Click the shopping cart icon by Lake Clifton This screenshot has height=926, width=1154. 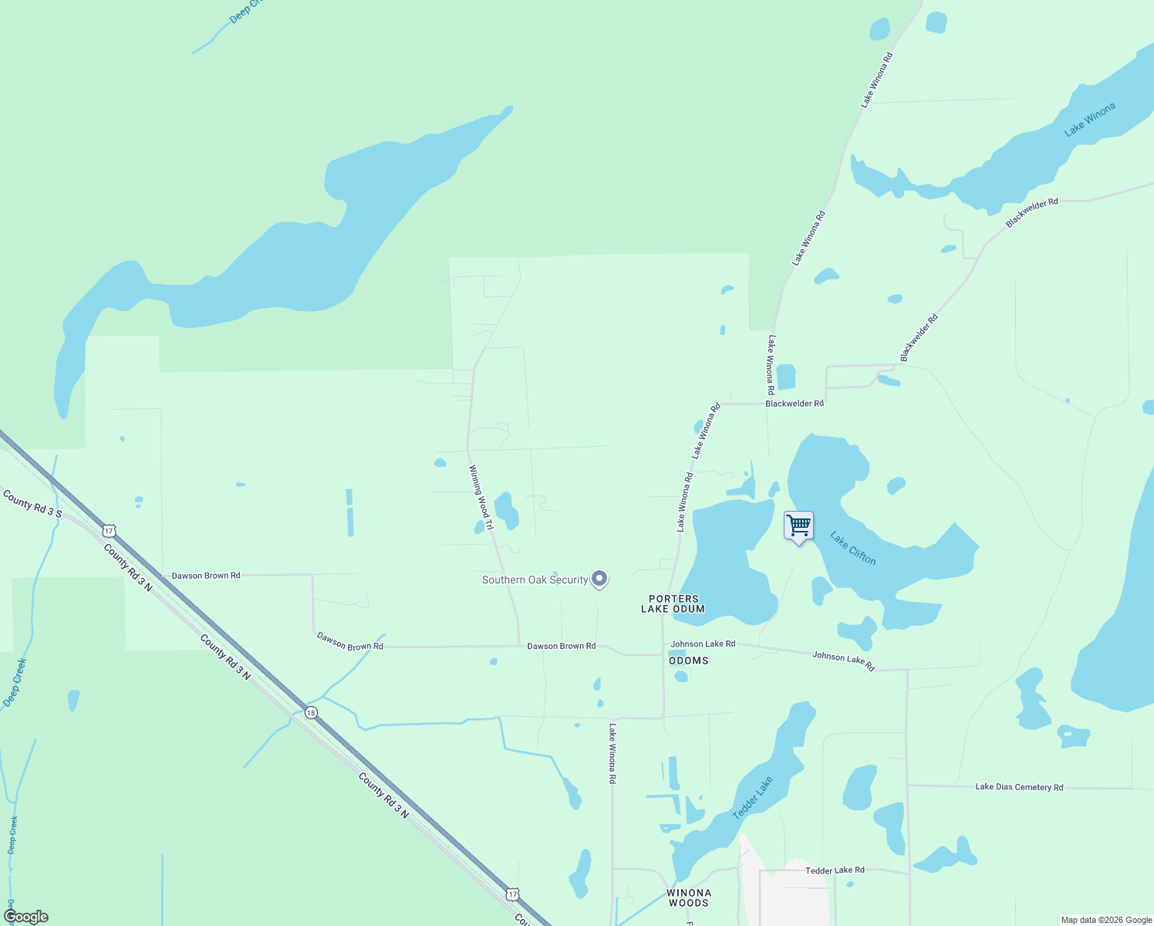(798, 526)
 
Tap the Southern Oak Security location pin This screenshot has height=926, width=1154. (599, 579)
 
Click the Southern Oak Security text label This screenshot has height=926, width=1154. (535, 580)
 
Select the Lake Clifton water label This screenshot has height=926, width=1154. (853, 548)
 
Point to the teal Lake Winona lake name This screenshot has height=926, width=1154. (1089, 120)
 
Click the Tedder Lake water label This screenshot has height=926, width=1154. (752, 798)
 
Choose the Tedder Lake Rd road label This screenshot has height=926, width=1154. (835, 870)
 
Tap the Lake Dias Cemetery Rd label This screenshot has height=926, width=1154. (1019, 787)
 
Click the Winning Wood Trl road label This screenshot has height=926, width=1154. (481, 497)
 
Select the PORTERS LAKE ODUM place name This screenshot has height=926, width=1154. (673, 603)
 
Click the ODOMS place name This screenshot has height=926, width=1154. (688, 661)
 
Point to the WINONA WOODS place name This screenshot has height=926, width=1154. (688, 897)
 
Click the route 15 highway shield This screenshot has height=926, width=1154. (310, 712)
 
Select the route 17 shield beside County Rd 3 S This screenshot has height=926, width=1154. (109, 530)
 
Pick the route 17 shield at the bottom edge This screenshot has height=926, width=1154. (512, 894)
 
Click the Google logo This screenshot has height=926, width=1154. (25, 917)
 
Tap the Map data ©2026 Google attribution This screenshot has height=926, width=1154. (1106, 920)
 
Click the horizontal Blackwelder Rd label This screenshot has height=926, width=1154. (795, 404)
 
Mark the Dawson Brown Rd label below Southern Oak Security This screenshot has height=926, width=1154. (561, 646)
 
